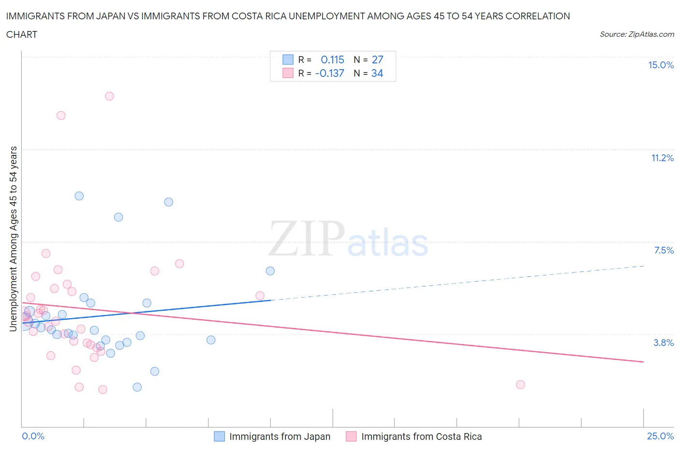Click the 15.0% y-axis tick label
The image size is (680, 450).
[x=661, y=65]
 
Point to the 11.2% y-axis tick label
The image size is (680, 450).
[x=662, y=158]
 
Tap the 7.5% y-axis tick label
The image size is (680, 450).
[x=664, y=250]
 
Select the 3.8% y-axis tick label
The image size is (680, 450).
[x=664, y=343]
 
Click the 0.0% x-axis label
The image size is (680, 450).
[x=33, y=436]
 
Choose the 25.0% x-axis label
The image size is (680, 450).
[x=660, y=436]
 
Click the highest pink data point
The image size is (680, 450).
[x=109, y=96]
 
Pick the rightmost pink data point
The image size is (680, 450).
[x=520, y=385]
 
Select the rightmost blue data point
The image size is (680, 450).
[x=270, y=271]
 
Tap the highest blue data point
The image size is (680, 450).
[x=79, y=196]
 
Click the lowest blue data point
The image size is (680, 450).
[x=137, y=387]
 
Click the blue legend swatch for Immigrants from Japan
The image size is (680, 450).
[x=219, y=436]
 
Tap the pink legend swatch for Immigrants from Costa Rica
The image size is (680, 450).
[x=351, y=436]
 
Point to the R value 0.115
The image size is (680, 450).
[x=332, y=60]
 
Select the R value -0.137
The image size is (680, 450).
[x=329, y=73]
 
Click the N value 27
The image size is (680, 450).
[x=377, y=60]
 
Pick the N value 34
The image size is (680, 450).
[x=377, y=73]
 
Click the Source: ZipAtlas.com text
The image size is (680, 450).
[x=636, y=34]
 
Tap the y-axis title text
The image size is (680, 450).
[x=13, y=239]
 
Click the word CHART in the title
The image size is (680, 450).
[x=22, y=34]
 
